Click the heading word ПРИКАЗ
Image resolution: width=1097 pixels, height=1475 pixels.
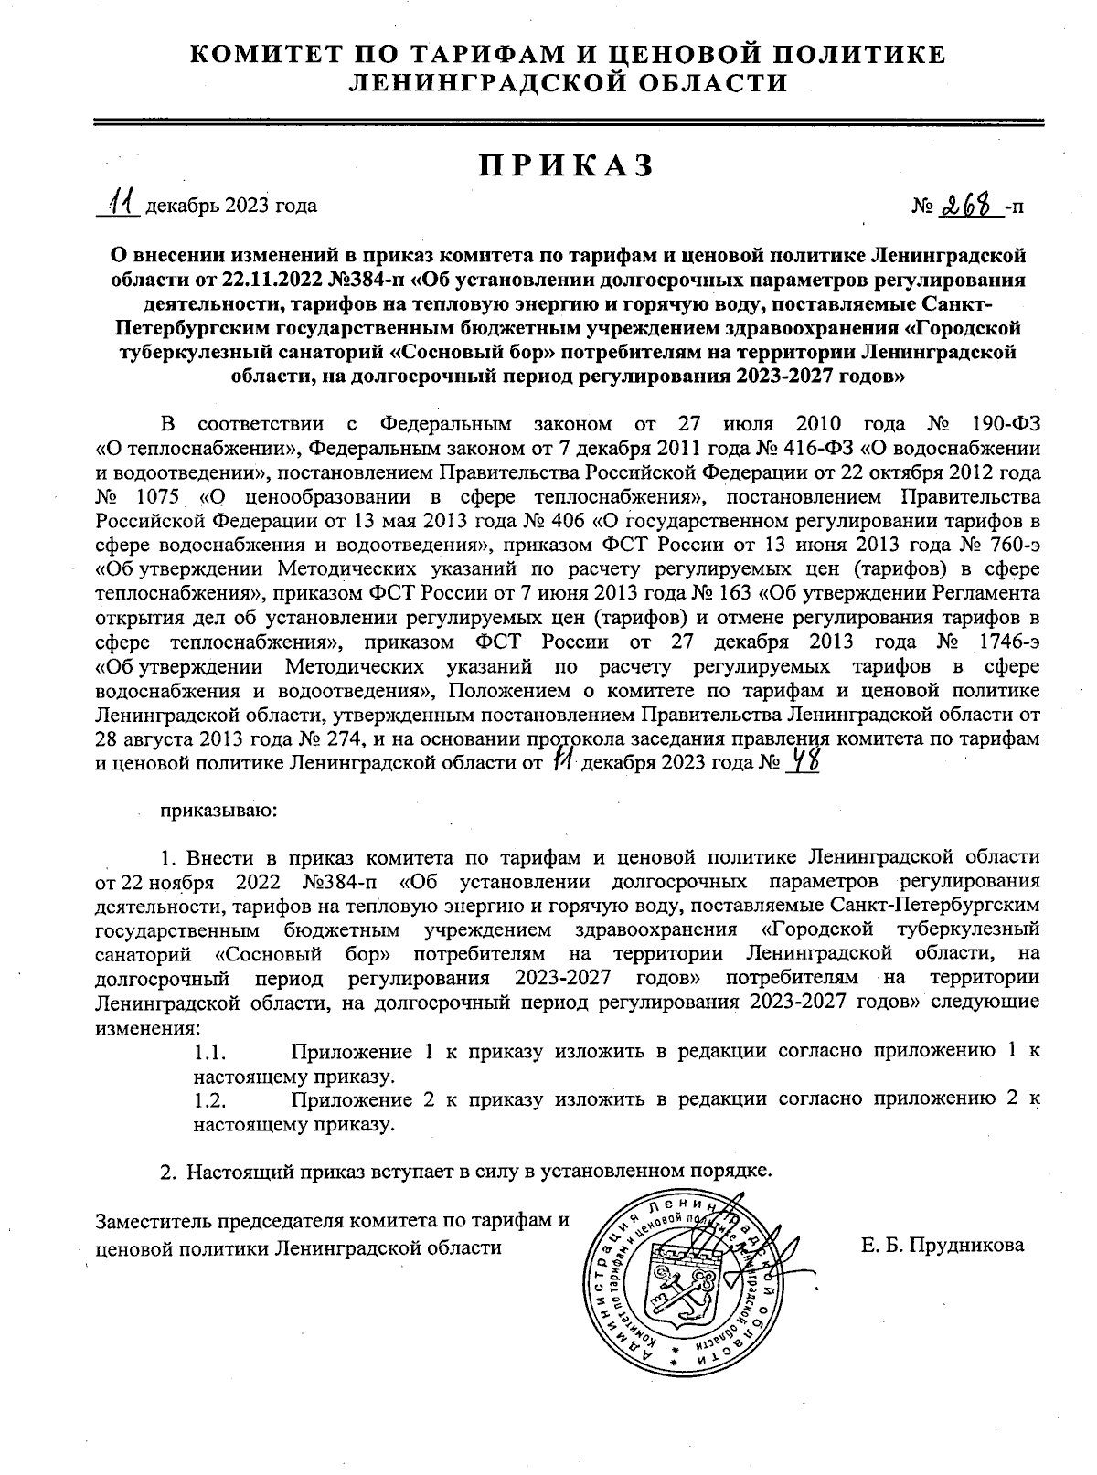pos(567,164)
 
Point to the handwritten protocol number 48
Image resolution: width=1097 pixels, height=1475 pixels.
pos(802,761)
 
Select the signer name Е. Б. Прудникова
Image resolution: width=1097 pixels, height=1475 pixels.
pos(943,1246)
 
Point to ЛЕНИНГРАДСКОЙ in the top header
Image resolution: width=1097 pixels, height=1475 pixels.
pos(461,84)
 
